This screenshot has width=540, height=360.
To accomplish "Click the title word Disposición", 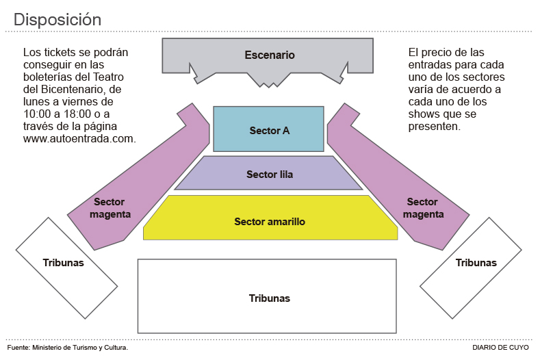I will [x=57, y=20].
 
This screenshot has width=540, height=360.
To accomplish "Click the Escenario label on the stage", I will [x=270, y=55].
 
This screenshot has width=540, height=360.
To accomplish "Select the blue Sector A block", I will [x=269, y=130].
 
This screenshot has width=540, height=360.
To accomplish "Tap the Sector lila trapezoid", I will [x=269, y=175].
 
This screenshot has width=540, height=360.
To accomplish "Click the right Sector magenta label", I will [x=422, y=208].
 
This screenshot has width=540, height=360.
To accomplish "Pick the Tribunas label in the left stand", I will [x=63, y=263].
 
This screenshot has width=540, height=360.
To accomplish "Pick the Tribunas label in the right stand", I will [x=476, y=263].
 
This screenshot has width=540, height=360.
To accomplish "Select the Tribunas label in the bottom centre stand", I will [x=269, y=298].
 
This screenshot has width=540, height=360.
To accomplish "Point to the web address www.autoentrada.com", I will [x=79, y=138].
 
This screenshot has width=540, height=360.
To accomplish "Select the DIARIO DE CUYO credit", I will [x=500, y=348].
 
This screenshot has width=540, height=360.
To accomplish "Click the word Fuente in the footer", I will [x=18, y=348].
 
